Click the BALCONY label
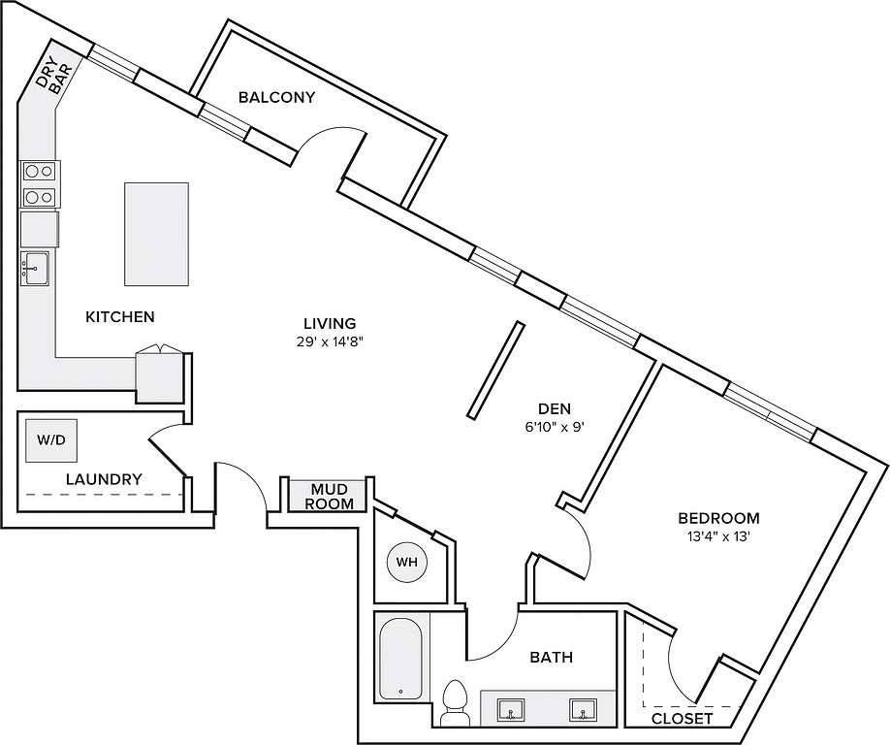pyautogui.click(x=276, y=97)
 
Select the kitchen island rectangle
pyautogui.click(x=157, y=234)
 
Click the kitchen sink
pyautogui.click(x=35, y=268)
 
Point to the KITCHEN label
pyautogui.click(x=120, y=316)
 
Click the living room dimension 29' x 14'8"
pyautogui.click(x=330, y=341)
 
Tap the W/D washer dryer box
pyautogui.click(x=51, y=440)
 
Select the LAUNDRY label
pyautogui.click(x=104, y=479)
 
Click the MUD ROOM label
pyautogui.click(x=330, y=496)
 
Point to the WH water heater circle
pyautogui.click(x=406, y=563)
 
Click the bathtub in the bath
pyautogui.click(x=400, y=658)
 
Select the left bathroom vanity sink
pyautogui.click(x=511, y=710)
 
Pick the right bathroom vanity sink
pyautogui.click(x=583, y=710)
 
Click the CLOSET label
pyautogui.click(x=682, y=718)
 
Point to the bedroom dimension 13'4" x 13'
pyautogui.click(x=718, y=536)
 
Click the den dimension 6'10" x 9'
pyautogui.click(x=554, y=427)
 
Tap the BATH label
pyautogui.click(x=551, y=657)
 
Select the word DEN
pyautogui.click(x=554, y=408)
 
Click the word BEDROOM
pyautogui.click(x=718, y=518)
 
